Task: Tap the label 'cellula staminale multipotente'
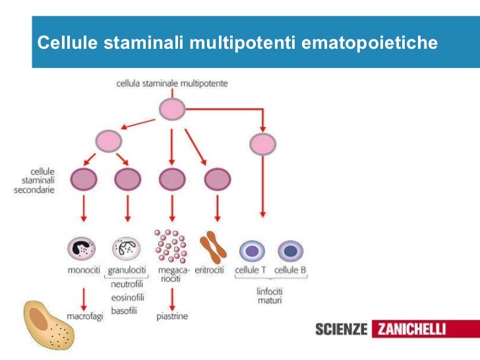pos(172,84)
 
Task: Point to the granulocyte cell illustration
pos(127,249)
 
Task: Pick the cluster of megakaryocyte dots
pos(170,247)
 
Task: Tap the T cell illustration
pos(251,251)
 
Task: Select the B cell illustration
pos(290,251)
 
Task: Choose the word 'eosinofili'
pos(127,297)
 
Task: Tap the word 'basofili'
pos(124,310)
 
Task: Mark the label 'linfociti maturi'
pos(269,295)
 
